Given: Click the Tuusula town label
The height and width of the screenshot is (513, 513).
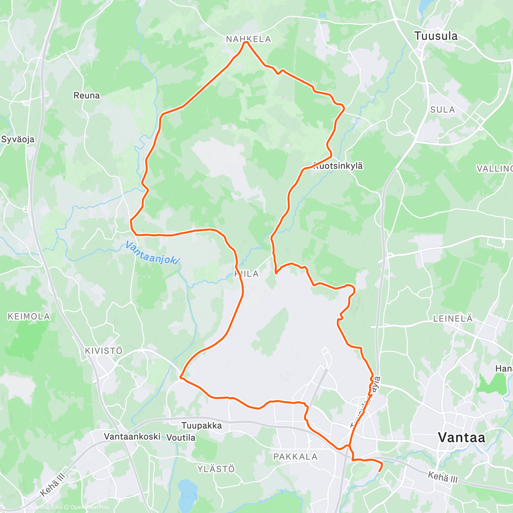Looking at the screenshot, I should coord(436,36).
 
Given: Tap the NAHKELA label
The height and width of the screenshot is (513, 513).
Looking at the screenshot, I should coord(248,39).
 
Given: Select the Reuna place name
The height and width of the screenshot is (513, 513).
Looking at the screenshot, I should coord(87,95).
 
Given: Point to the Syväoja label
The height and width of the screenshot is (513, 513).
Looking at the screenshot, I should coord(18,139).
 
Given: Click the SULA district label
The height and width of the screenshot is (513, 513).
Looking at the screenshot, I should coord(442,110).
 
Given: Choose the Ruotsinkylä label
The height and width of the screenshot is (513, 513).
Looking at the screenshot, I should coord(338,166).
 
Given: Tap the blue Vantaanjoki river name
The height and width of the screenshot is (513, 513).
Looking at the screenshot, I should coord(153,253).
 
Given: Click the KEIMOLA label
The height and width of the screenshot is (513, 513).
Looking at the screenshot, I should coord(29,316).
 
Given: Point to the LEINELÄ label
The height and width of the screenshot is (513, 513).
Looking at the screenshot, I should coord(453,318).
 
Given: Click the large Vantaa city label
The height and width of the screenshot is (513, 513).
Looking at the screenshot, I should coord(462,437).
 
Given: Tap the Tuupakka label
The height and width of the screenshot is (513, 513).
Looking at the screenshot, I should coord(202,425).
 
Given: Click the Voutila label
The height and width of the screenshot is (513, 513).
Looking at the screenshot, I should coord(181,437).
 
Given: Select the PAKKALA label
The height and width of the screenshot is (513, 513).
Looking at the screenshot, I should coord(295,457).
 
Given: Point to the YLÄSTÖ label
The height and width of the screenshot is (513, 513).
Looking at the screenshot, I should coord(216,469).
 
